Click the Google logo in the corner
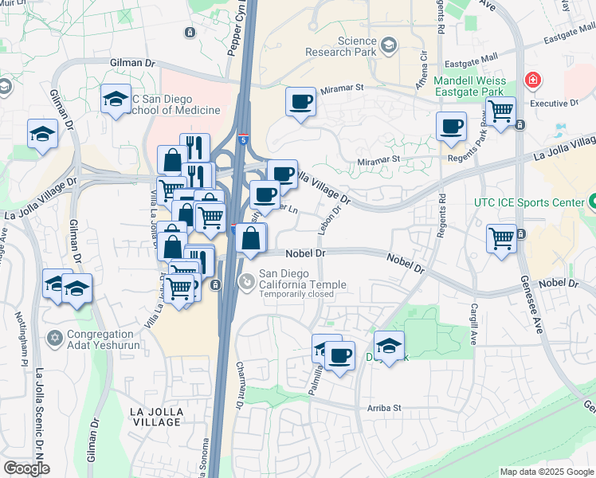[26, 468]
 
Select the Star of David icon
[55, 339]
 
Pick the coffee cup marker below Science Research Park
[300, 102]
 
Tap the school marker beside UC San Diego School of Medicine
[116, 99]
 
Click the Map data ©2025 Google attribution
[546, 472]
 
